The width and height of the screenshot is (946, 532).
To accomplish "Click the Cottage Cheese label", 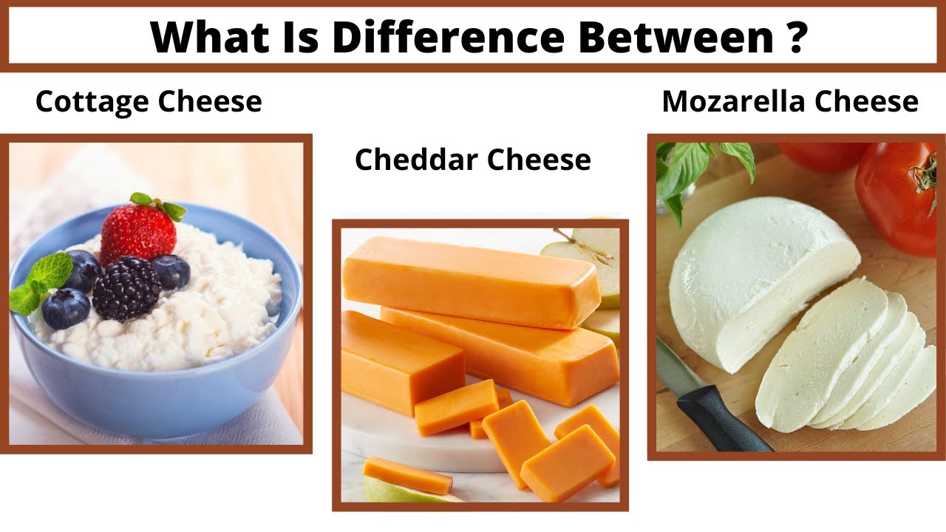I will tap(149, 101).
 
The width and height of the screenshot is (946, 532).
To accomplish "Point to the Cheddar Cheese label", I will tap(473, 160).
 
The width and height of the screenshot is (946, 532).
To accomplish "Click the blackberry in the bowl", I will tap(126, 288).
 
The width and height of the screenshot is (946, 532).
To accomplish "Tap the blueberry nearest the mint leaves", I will tap(66, 309).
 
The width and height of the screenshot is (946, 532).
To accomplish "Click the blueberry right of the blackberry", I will tap(171, 271).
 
